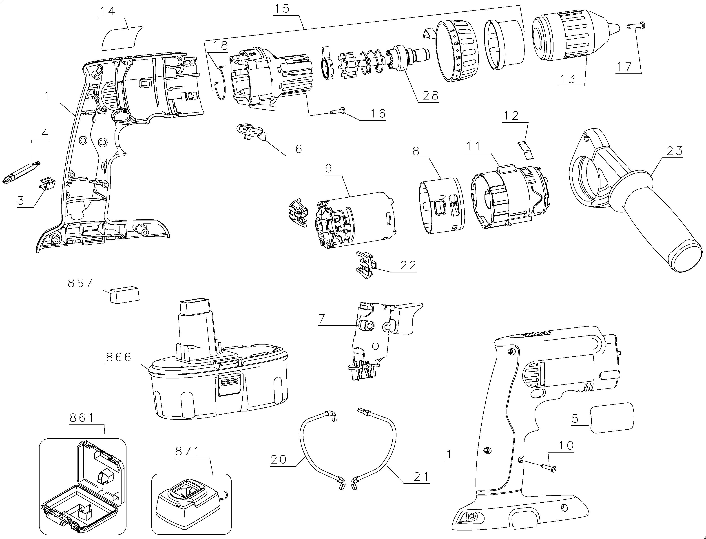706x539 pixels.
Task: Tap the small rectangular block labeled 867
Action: click(x=124, y=294)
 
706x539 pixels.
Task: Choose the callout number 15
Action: click(x=282, y=9)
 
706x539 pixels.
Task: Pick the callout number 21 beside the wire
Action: click(x=421, y=477)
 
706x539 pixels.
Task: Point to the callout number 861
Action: click(x=82, y=418)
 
